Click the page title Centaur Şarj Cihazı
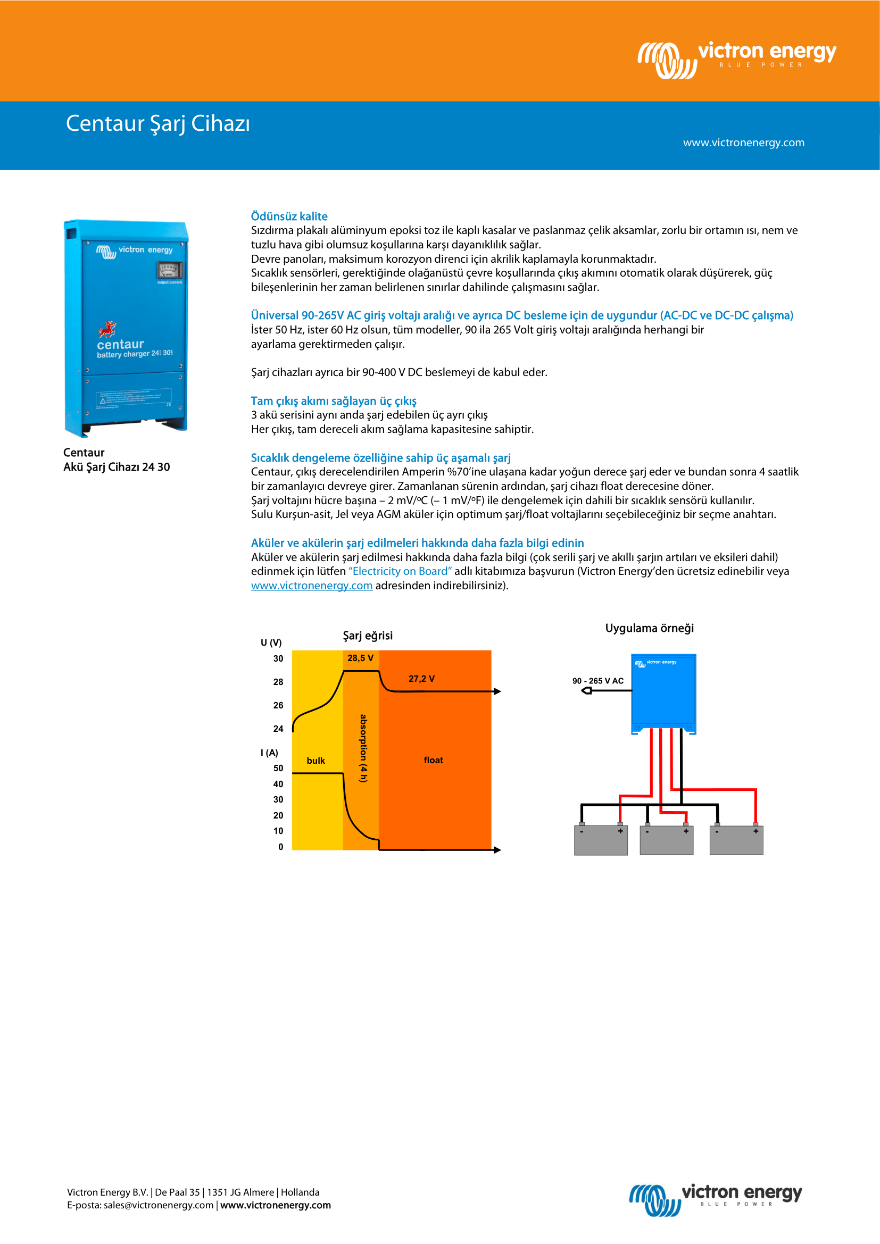pos(157,123)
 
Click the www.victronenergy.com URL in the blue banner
pos(743,143)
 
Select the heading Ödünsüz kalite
pos(289,216)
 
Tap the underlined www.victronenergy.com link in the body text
pos(312,586)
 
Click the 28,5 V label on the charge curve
pos(360,658)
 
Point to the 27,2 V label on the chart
pos(421,678)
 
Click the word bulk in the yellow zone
pos(316,761)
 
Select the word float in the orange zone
pos(434,760)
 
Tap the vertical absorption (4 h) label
pos(363,748)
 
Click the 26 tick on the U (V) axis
pos(278,705)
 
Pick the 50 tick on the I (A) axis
pos(278,768)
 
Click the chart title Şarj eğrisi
pos(368,636)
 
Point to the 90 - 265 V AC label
pos(597,681)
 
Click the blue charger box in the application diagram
pos(663,694)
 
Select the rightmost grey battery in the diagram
pos(736,840)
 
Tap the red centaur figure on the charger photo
pos(107,329)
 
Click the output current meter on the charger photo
pos(169,270)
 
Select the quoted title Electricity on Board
pos(400,571)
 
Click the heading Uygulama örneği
pos(649,628)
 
